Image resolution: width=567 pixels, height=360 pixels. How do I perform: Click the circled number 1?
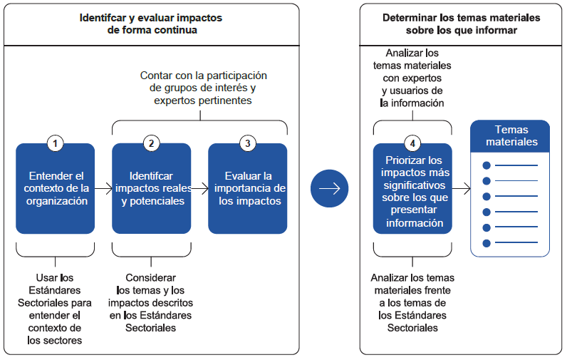55,143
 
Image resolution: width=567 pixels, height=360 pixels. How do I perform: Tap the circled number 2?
151,143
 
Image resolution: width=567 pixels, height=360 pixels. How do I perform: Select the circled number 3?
247,143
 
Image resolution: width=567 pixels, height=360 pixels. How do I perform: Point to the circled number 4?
412,143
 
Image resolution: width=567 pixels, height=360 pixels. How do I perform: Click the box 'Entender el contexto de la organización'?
55,189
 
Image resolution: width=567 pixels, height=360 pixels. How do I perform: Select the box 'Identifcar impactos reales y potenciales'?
151,189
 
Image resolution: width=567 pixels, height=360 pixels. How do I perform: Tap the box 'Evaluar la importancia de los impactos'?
247,189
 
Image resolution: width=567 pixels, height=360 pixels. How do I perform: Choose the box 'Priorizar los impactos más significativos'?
412,191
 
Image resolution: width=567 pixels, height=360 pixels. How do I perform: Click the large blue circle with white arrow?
330,189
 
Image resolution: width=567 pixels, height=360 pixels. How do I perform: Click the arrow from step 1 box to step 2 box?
103,189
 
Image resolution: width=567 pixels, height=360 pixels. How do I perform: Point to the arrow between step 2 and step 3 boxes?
199,189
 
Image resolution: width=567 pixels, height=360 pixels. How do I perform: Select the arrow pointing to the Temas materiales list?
462,189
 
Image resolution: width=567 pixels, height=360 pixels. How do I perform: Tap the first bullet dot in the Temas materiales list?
487,165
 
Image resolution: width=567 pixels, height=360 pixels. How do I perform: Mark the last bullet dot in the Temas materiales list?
487,243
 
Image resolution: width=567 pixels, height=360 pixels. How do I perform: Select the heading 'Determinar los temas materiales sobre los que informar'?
461,24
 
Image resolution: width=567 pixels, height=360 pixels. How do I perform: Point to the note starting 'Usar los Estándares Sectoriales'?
55,309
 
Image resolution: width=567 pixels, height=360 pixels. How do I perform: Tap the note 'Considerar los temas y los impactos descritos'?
151,302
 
